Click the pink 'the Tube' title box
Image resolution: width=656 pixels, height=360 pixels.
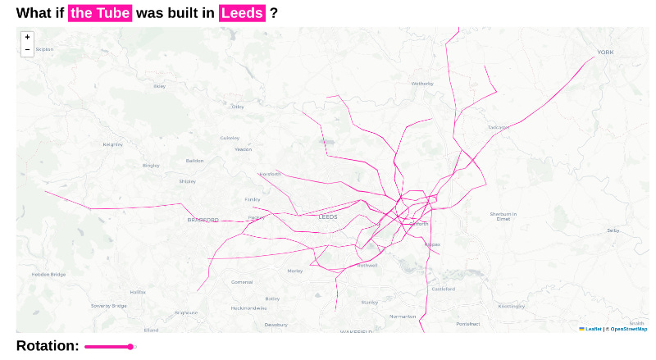click(100, 13)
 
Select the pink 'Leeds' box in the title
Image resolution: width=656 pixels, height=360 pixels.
click(242, 13)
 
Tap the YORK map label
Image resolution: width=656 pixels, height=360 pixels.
click(605, 52)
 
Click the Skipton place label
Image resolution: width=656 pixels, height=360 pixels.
click(44, 49)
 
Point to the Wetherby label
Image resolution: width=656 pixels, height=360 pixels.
click(422, 84)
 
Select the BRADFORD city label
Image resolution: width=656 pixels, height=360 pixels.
click(203, 220)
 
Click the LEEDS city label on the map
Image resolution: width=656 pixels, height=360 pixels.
click(328, 217)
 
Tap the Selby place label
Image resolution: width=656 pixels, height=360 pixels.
click(613, 231)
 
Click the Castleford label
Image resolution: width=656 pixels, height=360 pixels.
click(443, 289)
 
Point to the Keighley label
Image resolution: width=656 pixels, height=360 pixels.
click(112, 144)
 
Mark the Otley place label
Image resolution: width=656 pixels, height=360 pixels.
click(238, 107)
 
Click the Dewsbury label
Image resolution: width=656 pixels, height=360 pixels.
click(276, 325)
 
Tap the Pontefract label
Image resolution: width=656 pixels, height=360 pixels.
click(467, 325)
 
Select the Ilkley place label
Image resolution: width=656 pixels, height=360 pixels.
click(159, 86)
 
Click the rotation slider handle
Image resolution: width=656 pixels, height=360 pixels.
click(130, 347)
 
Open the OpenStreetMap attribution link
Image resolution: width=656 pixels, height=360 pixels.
click(628, 329)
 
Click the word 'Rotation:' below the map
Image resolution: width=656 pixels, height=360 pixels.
click(48, 346)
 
